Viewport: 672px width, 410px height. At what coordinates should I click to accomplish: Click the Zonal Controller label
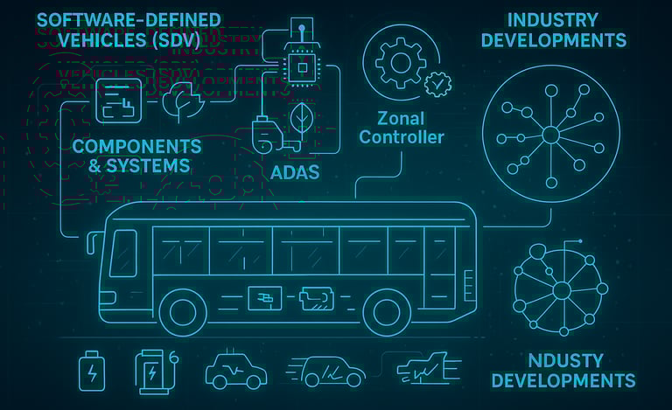point(402,128)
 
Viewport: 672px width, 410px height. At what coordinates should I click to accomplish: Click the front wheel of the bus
point(184,311)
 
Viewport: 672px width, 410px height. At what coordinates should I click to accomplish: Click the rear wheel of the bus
point(387,311)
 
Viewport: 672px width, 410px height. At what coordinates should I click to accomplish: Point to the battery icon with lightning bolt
point(90,371)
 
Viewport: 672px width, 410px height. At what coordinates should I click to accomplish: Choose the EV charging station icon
point(152,371)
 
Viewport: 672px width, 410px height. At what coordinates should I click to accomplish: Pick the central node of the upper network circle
point(550,135)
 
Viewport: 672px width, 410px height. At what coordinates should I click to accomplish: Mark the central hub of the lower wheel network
point(562,289)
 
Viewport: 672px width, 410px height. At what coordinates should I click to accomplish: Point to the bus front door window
point(123,253)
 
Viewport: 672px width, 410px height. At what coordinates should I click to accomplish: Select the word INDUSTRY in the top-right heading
point(552,19)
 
